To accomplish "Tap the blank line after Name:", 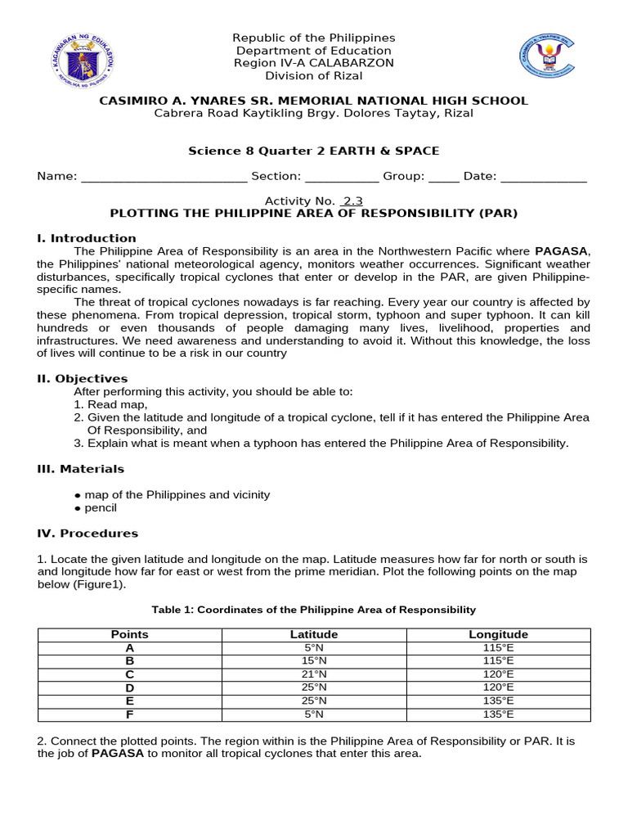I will pyautogui.click(x=164, y=176).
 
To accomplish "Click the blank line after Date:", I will pyautogui.click(x=543, y=176).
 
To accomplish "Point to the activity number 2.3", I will pyautogui.click(x=352, y=200).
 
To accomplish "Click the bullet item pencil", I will pyautogui.click(x=101, y=508).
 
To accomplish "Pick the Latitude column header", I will pyautogui.click(x=314, y=634).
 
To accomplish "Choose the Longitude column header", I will pyautogui.click(x=498, y=634).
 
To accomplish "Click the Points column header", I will pyautogui.click(x=129, y=634).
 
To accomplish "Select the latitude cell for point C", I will pyautogui.click(x=314, y=674).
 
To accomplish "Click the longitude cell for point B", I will pyautogui.click(x=498, y=660).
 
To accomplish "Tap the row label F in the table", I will pyautogui.click(x=129, y=714).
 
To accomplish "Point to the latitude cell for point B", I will pyautogui.click(x=314, y=660).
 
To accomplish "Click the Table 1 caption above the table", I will pyautogui.click(x=314, y=610).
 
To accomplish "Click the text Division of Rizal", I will pyautogui.click(x=314, y=76).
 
